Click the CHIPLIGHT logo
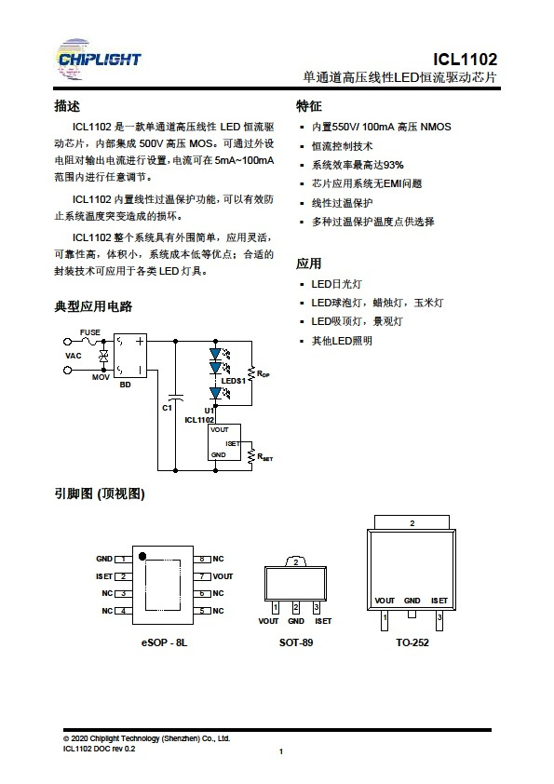click(99, 60)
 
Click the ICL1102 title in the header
click(465, 59)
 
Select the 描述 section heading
click(67, 106)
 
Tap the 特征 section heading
click(308, 106)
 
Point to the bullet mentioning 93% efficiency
click(358, 165)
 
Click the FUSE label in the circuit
click(90, 332)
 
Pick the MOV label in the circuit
click(101, 377)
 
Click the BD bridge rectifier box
click(130, 356)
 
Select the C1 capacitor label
click(167, 408)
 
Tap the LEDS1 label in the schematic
click(234, 381)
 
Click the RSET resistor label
click(265, 456)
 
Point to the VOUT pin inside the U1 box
click(220, 429)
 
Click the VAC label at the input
click(73, 356)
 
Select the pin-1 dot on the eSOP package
click(142, 556)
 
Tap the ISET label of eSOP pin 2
click(104, 576)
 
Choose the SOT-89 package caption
click(296, 642)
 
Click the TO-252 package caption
click(412, 642)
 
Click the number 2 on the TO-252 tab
click(412, 523)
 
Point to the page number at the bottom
click(281, 751)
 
